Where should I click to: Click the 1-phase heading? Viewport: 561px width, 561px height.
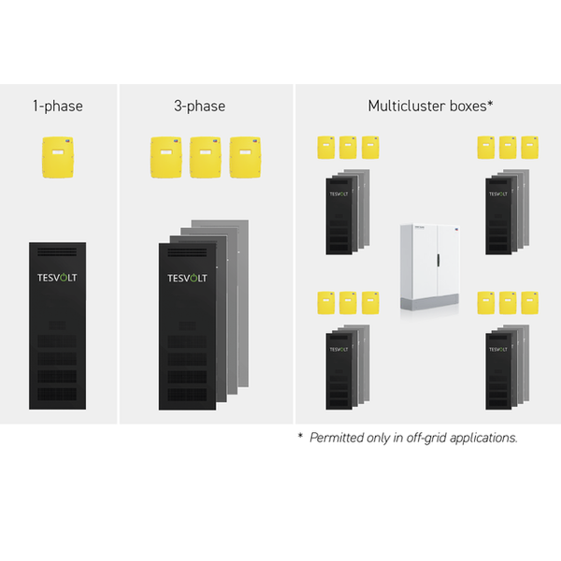click(x=57, y=106)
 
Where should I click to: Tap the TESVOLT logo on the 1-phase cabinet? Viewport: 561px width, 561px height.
click(x=57, y=278)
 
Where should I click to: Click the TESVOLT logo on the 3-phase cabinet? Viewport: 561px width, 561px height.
click(x=187, y=278)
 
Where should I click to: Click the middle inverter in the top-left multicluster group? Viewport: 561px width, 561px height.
click(x=348, y=147)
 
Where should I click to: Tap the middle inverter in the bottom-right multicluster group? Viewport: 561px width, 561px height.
click(x=508, y=302)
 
